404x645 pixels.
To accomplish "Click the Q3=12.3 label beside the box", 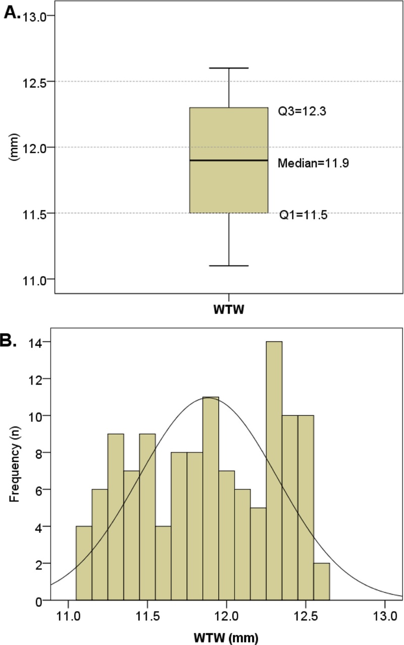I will pos(302,112).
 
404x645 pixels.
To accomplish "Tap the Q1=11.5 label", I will pos(304,216).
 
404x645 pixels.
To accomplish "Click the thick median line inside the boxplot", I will pos(229,160).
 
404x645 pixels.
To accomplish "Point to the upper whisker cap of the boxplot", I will pos(229,68).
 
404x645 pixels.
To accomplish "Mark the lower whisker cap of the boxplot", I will pos(229,265).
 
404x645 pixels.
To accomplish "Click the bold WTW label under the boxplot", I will pos(229,310).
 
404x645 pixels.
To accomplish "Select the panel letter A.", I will pos(12,13).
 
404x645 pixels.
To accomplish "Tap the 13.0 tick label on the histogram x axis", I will pos(385,616).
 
